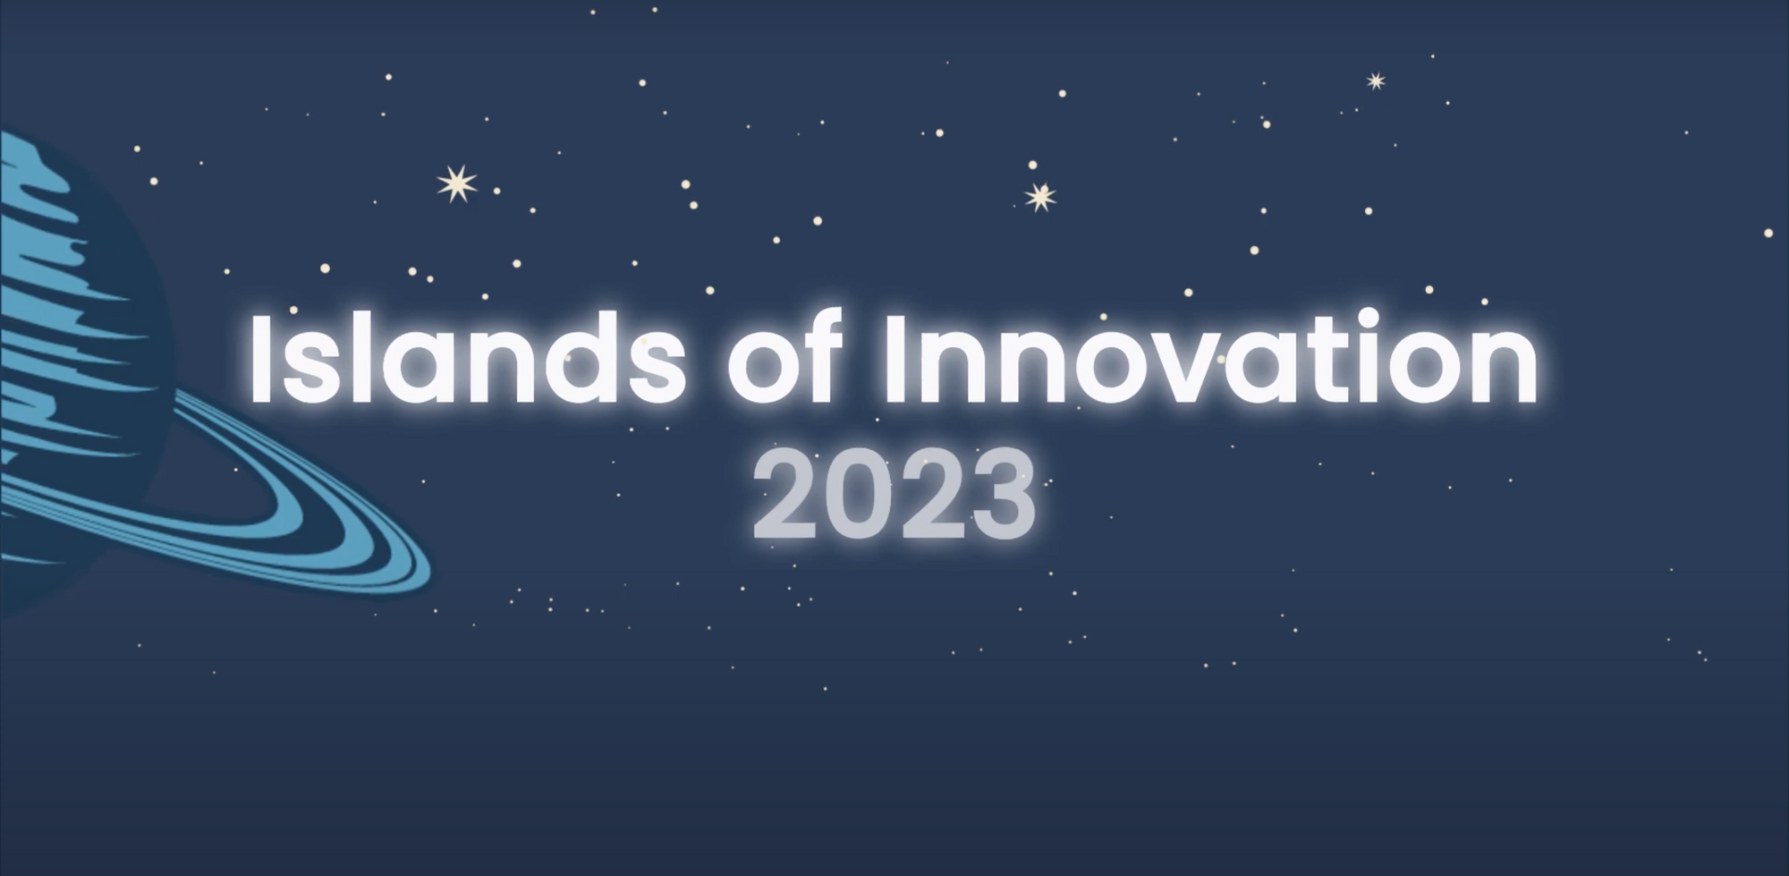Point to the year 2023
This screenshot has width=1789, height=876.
tap(894, 494)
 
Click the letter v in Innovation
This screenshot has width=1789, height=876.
tap(1175, 370)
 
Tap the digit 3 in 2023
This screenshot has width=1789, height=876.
tap(1002, 494)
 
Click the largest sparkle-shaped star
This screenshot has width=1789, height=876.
tap(457, 183)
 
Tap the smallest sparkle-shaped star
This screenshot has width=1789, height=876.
tap(1377, 81)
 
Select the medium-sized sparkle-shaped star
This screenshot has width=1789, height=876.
tap(1039, 197)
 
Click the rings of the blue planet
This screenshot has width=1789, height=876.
tap(295, 528)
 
